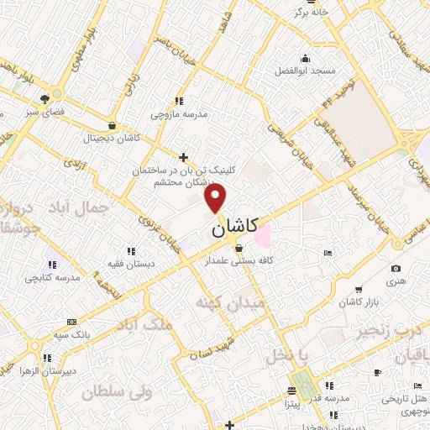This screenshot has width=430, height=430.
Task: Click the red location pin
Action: (x=216, y=197)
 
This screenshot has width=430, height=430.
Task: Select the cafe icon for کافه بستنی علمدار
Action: (x=239, y=248)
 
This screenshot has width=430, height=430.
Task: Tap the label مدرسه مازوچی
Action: (x=178, y=113)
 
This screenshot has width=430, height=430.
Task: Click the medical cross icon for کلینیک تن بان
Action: (x=184, y=156)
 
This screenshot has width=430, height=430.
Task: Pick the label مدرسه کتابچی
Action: (x=52, y=277)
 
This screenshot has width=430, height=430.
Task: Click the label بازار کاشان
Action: (x=360, y=301)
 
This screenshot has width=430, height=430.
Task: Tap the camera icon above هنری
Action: (x=396, y=269)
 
